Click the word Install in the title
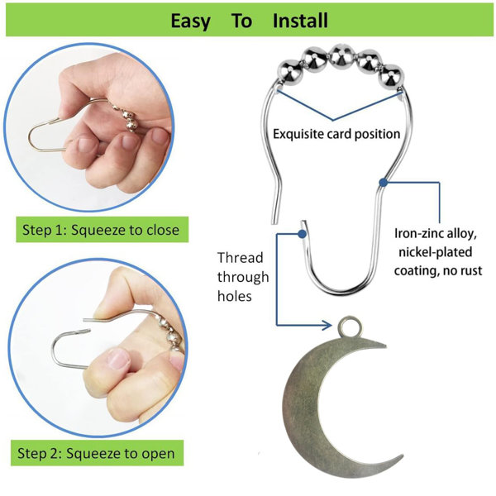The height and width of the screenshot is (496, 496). tap(300, 21)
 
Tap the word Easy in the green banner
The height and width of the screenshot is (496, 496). tap(190, 21)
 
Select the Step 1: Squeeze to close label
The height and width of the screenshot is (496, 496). tap(103, 230)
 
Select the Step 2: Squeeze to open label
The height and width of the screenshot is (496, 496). tap(97, 453)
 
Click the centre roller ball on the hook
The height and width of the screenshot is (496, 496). tap(341, 57)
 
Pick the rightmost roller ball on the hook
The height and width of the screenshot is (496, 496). tap(391, 78)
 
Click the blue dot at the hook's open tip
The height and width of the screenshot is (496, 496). tap(302, 234)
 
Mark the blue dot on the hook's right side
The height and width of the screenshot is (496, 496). tap(384, 182)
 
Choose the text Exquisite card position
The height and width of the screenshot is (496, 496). tap(336, 134)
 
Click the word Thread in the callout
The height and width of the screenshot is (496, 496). tap(240, 258)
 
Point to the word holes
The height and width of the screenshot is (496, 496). tap(235, 297)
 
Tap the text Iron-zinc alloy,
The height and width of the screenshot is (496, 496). tap(436, 234)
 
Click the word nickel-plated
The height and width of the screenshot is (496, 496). tap(436, 252)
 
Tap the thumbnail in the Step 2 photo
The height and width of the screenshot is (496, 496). tap(118, 359)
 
